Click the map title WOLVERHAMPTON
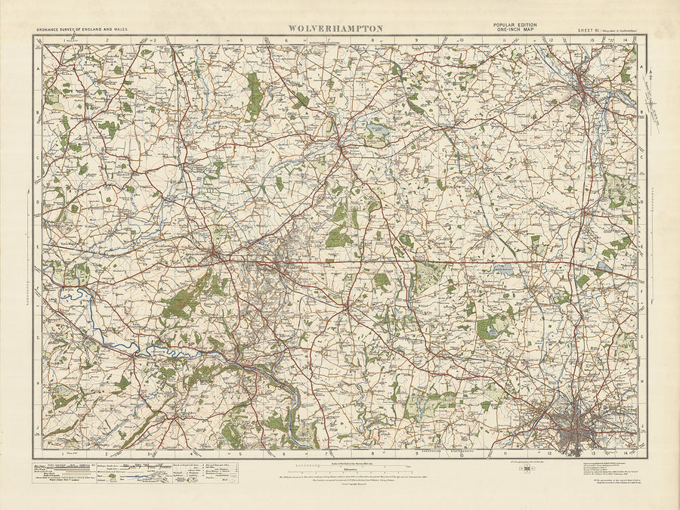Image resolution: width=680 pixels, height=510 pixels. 335,29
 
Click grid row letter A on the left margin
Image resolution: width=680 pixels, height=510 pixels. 38,67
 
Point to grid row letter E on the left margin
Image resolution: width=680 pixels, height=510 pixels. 38,247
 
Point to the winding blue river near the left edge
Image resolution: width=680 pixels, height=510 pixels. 76,295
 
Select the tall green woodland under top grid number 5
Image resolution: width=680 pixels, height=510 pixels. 255,97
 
